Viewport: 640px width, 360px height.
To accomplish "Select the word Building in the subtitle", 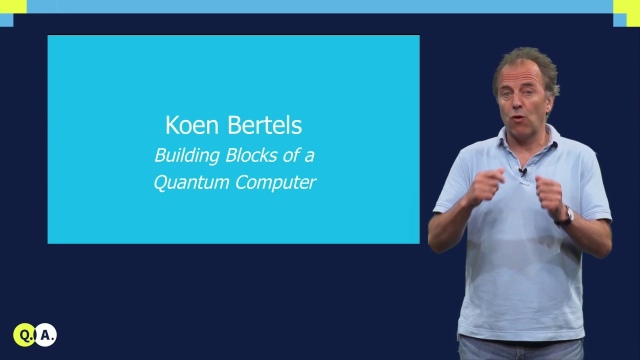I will coord(187,155).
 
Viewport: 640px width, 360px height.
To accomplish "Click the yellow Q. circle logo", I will coord(24,335).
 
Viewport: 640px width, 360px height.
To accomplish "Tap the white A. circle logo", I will coord(46,335).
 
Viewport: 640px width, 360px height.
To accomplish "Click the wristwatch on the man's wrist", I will coord(568,215).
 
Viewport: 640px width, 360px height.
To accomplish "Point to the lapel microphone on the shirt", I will coord(522,172).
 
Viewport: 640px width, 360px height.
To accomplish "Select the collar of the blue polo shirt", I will coord(545,140).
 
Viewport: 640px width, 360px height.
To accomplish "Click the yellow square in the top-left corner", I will coord(13,6).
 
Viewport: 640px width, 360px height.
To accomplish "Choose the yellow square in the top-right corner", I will coord(626,6).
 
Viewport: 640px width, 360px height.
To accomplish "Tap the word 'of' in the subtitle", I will coord(290,155).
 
